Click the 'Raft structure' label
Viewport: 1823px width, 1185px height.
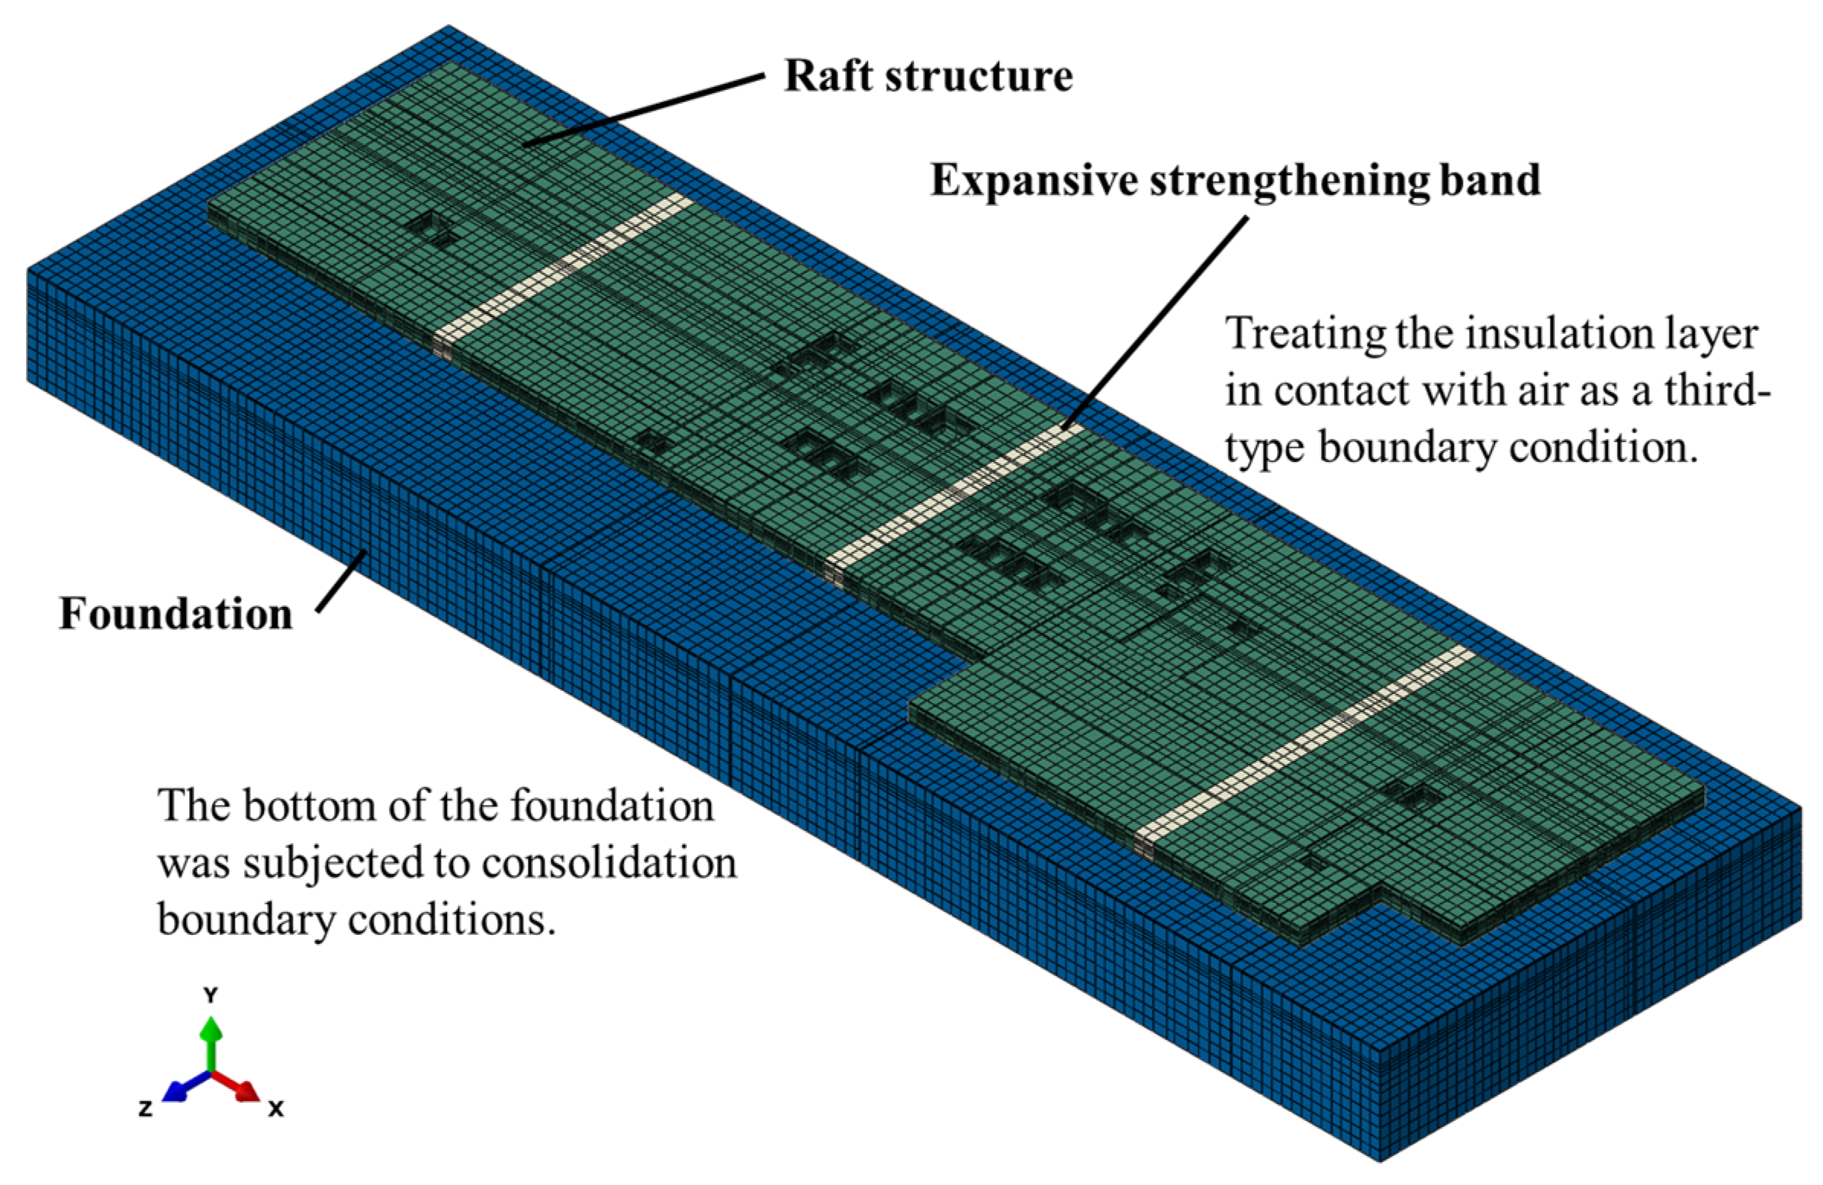[x=928, y=76]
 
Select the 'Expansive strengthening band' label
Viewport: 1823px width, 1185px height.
[x=1235, y=181]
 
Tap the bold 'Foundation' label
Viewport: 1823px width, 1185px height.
[x=175, y=615]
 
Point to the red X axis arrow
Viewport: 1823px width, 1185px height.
[x=243, y=1088]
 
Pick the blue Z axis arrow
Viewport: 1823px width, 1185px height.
[x=176, y=1089]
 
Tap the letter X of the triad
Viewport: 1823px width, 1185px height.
[x=277, y=1108]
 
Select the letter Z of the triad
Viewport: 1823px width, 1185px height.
[x=145, y=1108]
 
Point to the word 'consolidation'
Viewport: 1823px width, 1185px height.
[x=608, y=862]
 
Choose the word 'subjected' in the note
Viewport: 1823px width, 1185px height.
[x=333, y=862]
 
